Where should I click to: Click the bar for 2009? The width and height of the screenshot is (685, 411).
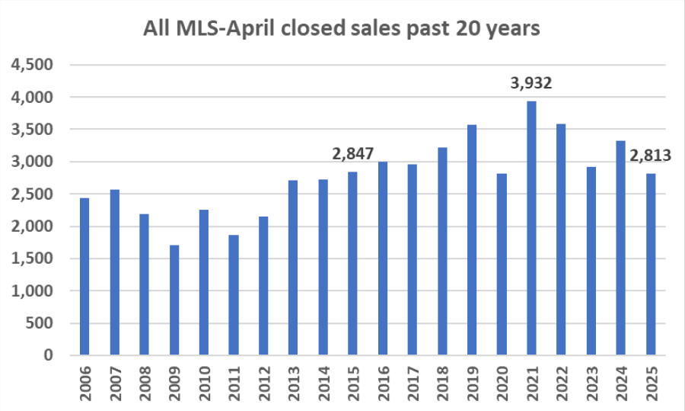tap(174, 300)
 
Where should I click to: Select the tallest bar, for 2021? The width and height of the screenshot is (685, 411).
tap(531, 228)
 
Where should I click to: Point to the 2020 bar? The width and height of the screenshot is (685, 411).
tap(501, 264)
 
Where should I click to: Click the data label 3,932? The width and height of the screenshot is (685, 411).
tap(531, 82)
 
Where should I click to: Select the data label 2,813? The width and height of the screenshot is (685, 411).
tap(650, 156)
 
